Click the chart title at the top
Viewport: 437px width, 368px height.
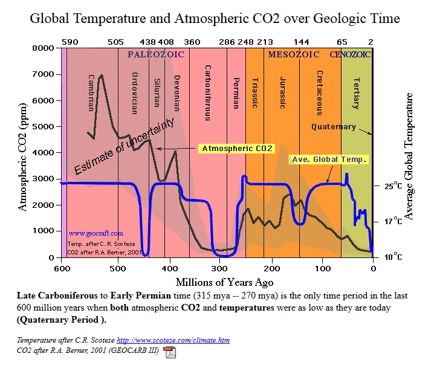215,19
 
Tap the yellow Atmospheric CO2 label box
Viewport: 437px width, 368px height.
237,148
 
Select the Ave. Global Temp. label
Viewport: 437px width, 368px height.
330,159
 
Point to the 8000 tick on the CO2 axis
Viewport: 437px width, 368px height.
44,48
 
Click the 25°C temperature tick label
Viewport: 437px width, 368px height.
393,186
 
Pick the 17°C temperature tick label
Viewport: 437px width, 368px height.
393,222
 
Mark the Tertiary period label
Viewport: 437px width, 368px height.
357,93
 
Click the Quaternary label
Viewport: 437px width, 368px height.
333,127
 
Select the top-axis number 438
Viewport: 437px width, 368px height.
147,42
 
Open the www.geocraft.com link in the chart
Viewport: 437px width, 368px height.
95,233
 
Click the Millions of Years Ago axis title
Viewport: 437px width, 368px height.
216,282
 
